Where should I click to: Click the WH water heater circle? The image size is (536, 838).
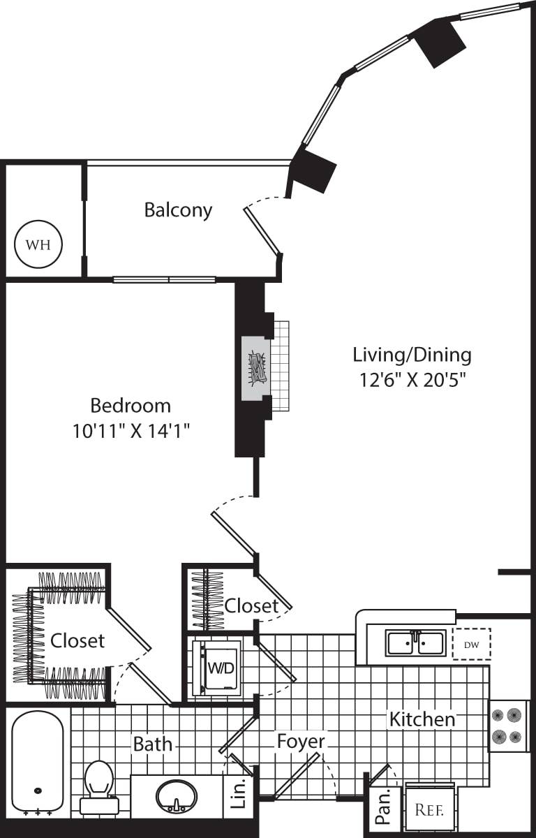click(38, 244)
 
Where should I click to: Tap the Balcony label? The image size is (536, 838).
click(178, 209)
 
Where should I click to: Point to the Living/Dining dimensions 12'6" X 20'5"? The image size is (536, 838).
click(412, 381)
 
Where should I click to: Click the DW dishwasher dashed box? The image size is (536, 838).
click(472, 643)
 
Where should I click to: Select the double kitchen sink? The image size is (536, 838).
click(415, 642)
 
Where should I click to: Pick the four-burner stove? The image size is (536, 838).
click(507, 726)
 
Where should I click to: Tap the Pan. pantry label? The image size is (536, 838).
click(382, 810)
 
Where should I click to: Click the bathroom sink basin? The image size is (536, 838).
click(176, 797)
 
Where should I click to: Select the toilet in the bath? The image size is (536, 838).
click(98, 786)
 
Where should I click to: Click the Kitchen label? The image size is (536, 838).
click(422, 719)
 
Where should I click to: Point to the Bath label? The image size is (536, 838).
click(153, 744)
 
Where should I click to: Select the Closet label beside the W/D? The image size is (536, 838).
click(251, 605)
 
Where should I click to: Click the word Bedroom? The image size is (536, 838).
click(131, 405)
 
